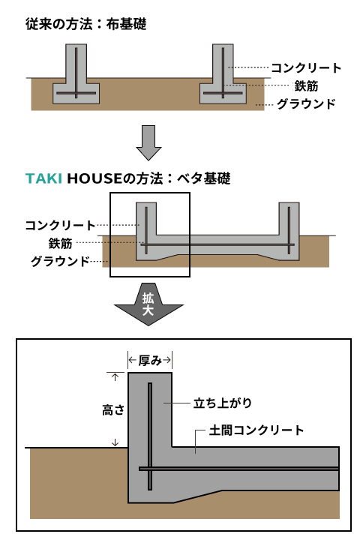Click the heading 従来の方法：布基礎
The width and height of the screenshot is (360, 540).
click(86, 24)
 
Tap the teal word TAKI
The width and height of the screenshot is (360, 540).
click(43, 178)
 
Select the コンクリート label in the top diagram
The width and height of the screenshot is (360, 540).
click(306, 67)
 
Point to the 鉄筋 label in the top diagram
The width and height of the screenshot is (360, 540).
click(306, 85)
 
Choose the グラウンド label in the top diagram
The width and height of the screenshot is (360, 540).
click(306, 103)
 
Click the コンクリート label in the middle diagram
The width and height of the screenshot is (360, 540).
click(60, 225)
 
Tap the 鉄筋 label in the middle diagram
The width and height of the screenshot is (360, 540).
click(60, 243)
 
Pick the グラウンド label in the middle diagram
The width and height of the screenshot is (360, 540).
click(60, 261)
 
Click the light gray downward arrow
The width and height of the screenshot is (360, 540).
click(148, 142)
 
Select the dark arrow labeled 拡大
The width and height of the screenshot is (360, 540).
click(148, 304)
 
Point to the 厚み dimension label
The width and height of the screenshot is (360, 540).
click(150, 361)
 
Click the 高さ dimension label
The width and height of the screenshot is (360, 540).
click(113, 410)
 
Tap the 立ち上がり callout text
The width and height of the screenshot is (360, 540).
click(223, 403)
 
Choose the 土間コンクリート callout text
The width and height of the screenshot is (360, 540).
click(256, 430)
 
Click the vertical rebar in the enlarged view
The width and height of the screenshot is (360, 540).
click(150, 436)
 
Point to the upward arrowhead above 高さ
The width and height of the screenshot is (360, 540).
click(115, 376)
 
